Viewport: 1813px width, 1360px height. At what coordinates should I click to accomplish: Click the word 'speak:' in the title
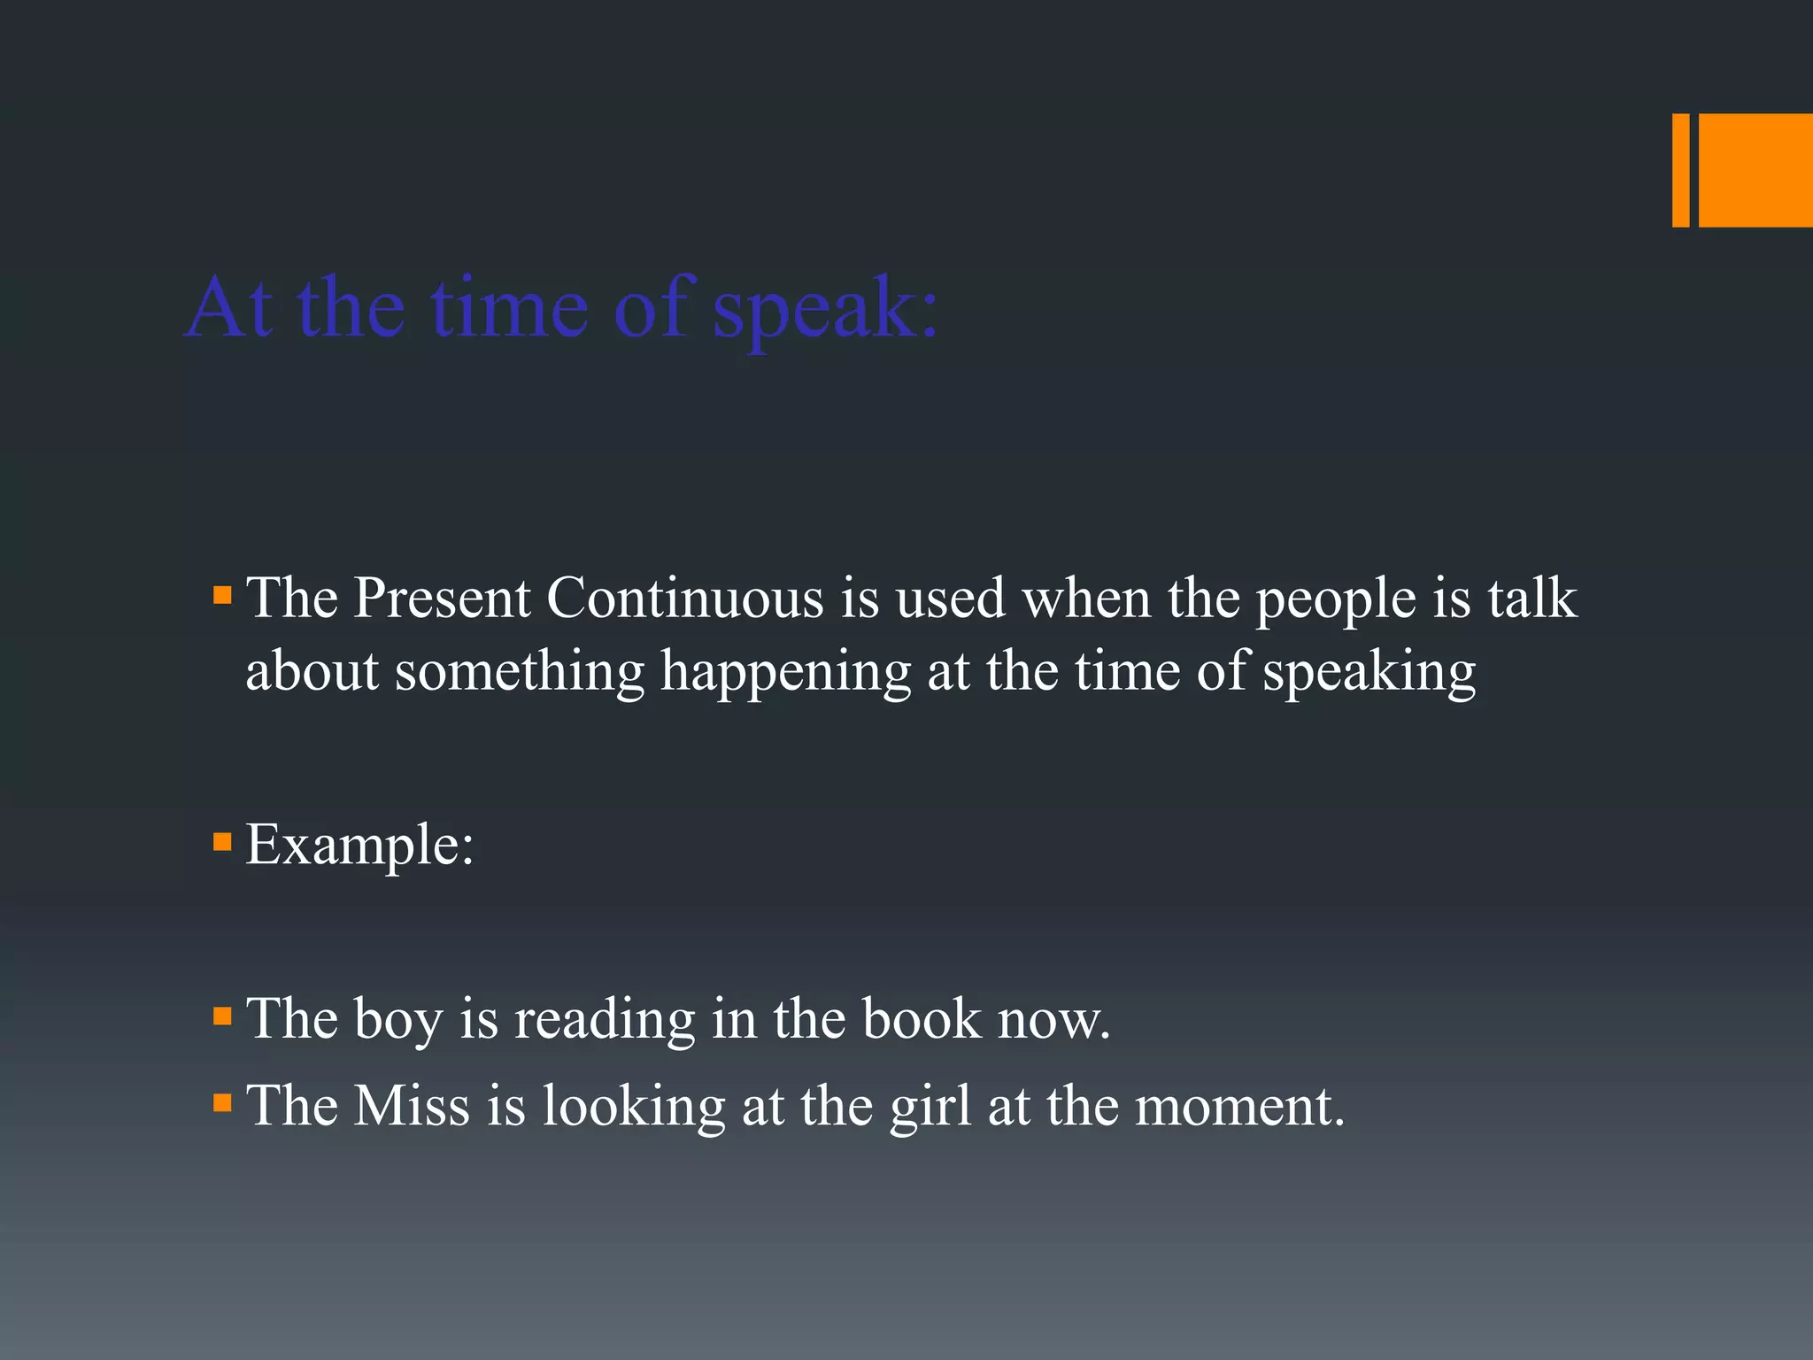[x=825, y=310]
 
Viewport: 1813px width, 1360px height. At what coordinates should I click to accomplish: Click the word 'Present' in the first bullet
[x=442, y=599]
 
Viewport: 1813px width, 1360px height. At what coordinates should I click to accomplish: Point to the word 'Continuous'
[x=685, y=599]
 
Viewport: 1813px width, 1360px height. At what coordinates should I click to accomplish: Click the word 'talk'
[x=1532, y=599]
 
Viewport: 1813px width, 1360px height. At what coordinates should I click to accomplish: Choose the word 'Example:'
[x=359, y=846]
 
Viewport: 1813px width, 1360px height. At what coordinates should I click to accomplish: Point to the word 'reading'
[x=605, y=1021]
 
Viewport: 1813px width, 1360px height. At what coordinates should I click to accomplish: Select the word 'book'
[x=922, y=1019]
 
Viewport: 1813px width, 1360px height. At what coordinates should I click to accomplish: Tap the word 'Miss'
[x=412, y=1106]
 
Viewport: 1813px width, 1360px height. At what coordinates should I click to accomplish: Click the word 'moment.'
[x=1239, y=1108]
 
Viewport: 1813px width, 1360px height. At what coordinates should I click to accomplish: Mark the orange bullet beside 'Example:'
[x=222, y=841]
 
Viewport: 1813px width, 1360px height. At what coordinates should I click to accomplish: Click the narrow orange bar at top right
[x=1680, y=170]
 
